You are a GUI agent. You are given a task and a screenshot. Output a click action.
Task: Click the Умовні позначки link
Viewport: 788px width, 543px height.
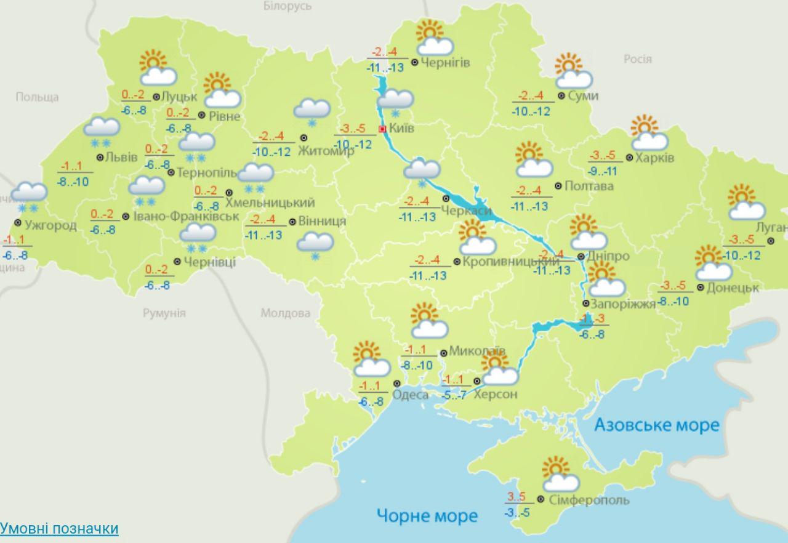pyautogui.click(x=59, y=528)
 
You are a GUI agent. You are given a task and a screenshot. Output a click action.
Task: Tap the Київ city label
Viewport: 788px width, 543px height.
pyautogui.click(x=402, y=129)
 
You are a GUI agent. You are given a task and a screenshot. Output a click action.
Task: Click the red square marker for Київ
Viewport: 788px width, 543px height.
pyautogui.click(x=382, y=129)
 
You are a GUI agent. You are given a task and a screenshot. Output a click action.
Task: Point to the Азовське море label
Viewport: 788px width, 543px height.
pyautogui.click(x=656, y=425)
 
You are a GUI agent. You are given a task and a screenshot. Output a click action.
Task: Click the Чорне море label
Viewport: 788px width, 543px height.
pyautogui.click(x=427, y=515)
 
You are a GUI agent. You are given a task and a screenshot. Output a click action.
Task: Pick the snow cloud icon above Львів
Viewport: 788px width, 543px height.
pyautogui.click(x=102, y=131)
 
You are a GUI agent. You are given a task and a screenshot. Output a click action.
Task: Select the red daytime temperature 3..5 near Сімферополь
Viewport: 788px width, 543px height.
pyautogui.click(x=516, y=497)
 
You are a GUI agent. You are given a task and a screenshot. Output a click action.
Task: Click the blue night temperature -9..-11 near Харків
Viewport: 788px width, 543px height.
pyautogui.click(x=603, y=171)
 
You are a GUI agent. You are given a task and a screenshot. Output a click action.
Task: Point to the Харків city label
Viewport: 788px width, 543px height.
pyautogui.click(x=655, y=158)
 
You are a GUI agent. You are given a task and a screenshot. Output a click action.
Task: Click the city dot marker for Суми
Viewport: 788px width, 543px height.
pyautogui.click(x=561, y=95)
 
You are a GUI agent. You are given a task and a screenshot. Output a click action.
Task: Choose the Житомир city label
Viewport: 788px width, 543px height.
pyautogui.click(x=326, y=151)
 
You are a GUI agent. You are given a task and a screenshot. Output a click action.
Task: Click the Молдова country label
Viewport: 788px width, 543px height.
pyautogui.click(x=285, y=313)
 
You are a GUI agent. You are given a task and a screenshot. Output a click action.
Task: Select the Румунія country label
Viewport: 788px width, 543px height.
pyautogui.click(x=164, y=313)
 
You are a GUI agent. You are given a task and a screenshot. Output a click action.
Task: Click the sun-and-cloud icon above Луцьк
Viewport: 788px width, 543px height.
pyautogui.click(x=157, y=68)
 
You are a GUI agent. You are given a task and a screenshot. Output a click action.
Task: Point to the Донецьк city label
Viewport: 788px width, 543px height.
pyautogui.click(x=733, y=287)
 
